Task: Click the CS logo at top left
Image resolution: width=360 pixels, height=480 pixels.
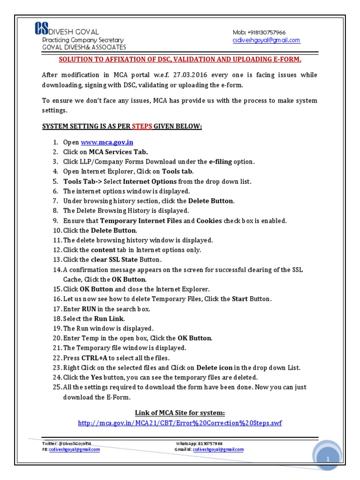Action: (x=41, y=29)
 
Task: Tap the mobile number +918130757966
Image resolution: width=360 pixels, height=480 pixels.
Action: (x=265, y=32)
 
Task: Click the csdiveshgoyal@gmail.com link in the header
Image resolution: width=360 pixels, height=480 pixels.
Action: (x=266, y=40)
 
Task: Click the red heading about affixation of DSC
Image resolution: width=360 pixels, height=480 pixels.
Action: (x=180, y=60)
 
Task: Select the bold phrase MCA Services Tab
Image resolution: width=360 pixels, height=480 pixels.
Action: (x=118, y=152)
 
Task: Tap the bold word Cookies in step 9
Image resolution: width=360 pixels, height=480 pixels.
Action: (x=209, y=221)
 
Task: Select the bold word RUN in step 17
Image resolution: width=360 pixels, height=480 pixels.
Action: (x=89, y=309)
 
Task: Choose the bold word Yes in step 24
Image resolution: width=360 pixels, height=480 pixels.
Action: (x=96, y=377)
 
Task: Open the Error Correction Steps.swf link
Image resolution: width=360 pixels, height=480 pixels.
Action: (x=180, y=423)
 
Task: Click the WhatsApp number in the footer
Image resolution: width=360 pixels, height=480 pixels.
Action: (x=210, y=443)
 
